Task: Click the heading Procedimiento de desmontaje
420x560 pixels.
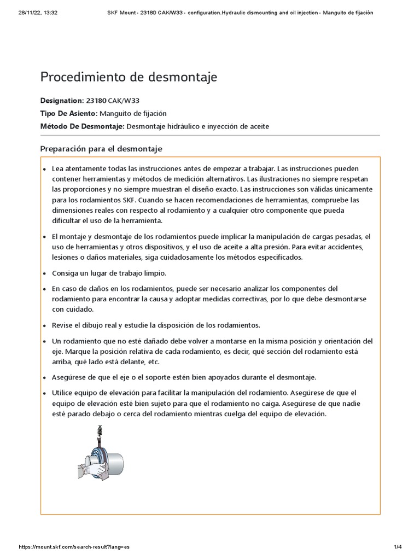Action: coord(129,78)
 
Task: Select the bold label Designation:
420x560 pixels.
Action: coord(61,101)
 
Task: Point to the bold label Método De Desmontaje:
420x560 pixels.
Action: coord(83,126)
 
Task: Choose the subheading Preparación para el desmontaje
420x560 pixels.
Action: coord(101,149)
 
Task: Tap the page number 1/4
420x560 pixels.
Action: coord(398,547)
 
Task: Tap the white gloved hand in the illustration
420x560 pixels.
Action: coord(91,463)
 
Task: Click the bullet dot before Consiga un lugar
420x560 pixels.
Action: coord(44,273)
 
